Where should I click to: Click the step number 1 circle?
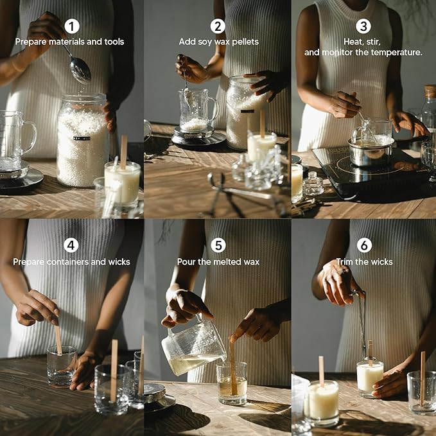point(72,26)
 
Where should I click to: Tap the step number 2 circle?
point(218,26)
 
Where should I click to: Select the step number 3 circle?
point(363,26)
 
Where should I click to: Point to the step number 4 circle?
point(71,245)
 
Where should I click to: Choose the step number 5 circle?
point(218,245)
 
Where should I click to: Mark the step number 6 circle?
point(364,245)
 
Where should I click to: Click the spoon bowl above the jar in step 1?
point(80,70)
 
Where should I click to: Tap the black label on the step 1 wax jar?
point(82,138)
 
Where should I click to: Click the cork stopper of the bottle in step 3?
point(430,92)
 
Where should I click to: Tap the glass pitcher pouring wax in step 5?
point(193,346)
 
